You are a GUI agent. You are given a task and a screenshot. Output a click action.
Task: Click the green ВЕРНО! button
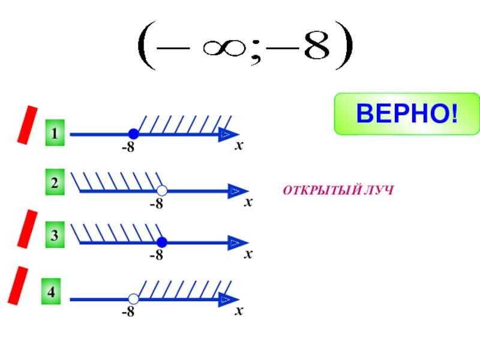pos(407,113)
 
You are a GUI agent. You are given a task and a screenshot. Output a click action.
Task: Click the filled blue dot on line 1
pos(134,134)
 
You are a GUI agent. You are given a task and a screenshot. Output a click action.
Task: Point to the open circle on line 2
pos(161,191)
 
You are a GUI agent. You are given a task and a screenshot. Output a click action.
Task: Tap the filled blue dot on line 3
pos(161,242)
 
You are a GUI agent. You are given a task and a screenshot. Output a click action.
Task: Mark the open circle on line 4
pos(134,299)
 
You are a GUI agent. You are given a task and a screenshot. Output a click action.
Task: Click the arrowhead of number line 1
pos(229,134)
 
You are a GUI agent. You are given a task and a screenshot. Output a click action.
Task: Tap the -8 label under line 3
pos(156,256)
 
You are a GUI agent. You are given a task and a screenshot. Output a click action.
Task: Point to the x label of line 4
pos(239,311)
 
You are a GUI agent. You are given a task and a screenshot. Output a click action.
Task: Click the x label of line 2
pos(248,203)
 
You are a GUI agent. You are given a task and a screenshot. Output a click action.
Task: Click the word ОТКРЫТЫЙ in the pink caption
pos(320,191)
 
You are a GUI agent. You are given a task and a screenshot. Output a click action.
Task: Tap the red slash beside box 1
pos(28,125)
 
